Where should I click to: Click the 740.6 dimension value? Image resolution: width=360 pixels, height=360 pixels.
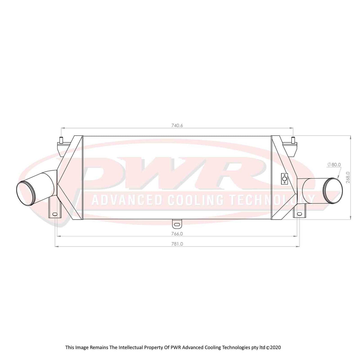click(x=177, y=125)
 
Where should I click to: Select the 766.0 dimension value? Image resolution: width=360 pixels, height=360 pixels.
click(x=177, y=233)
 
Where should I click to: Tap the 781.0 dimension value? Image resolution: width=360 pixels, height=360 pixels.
click(x=177, y=244)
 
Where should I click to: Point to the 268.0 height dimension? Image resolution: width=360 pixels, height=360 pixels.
click(x=348, y=178)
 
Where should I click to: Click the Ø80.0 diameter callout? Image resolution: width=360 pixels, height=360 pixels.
click(x=334, y=164)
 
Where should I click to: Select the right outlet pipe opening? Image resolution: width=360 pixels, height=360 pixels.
click(x=333, y=189)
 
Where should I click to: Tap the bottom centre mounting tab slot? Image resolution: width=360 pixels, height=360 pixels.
click(x=177, y=224)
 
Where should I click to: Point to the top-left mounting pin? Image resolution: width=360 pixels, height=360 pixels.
click(x=61, y=139)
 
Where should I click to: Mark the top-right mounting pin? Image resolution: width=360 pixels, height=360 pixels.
click(x=293, y=139)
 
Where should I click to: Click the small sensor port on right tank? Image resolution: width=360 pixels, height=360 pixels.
click(x=284, y=179)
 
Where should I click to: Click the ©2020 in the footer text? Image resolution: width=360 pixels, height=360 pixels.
click(x=273, y=347)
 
